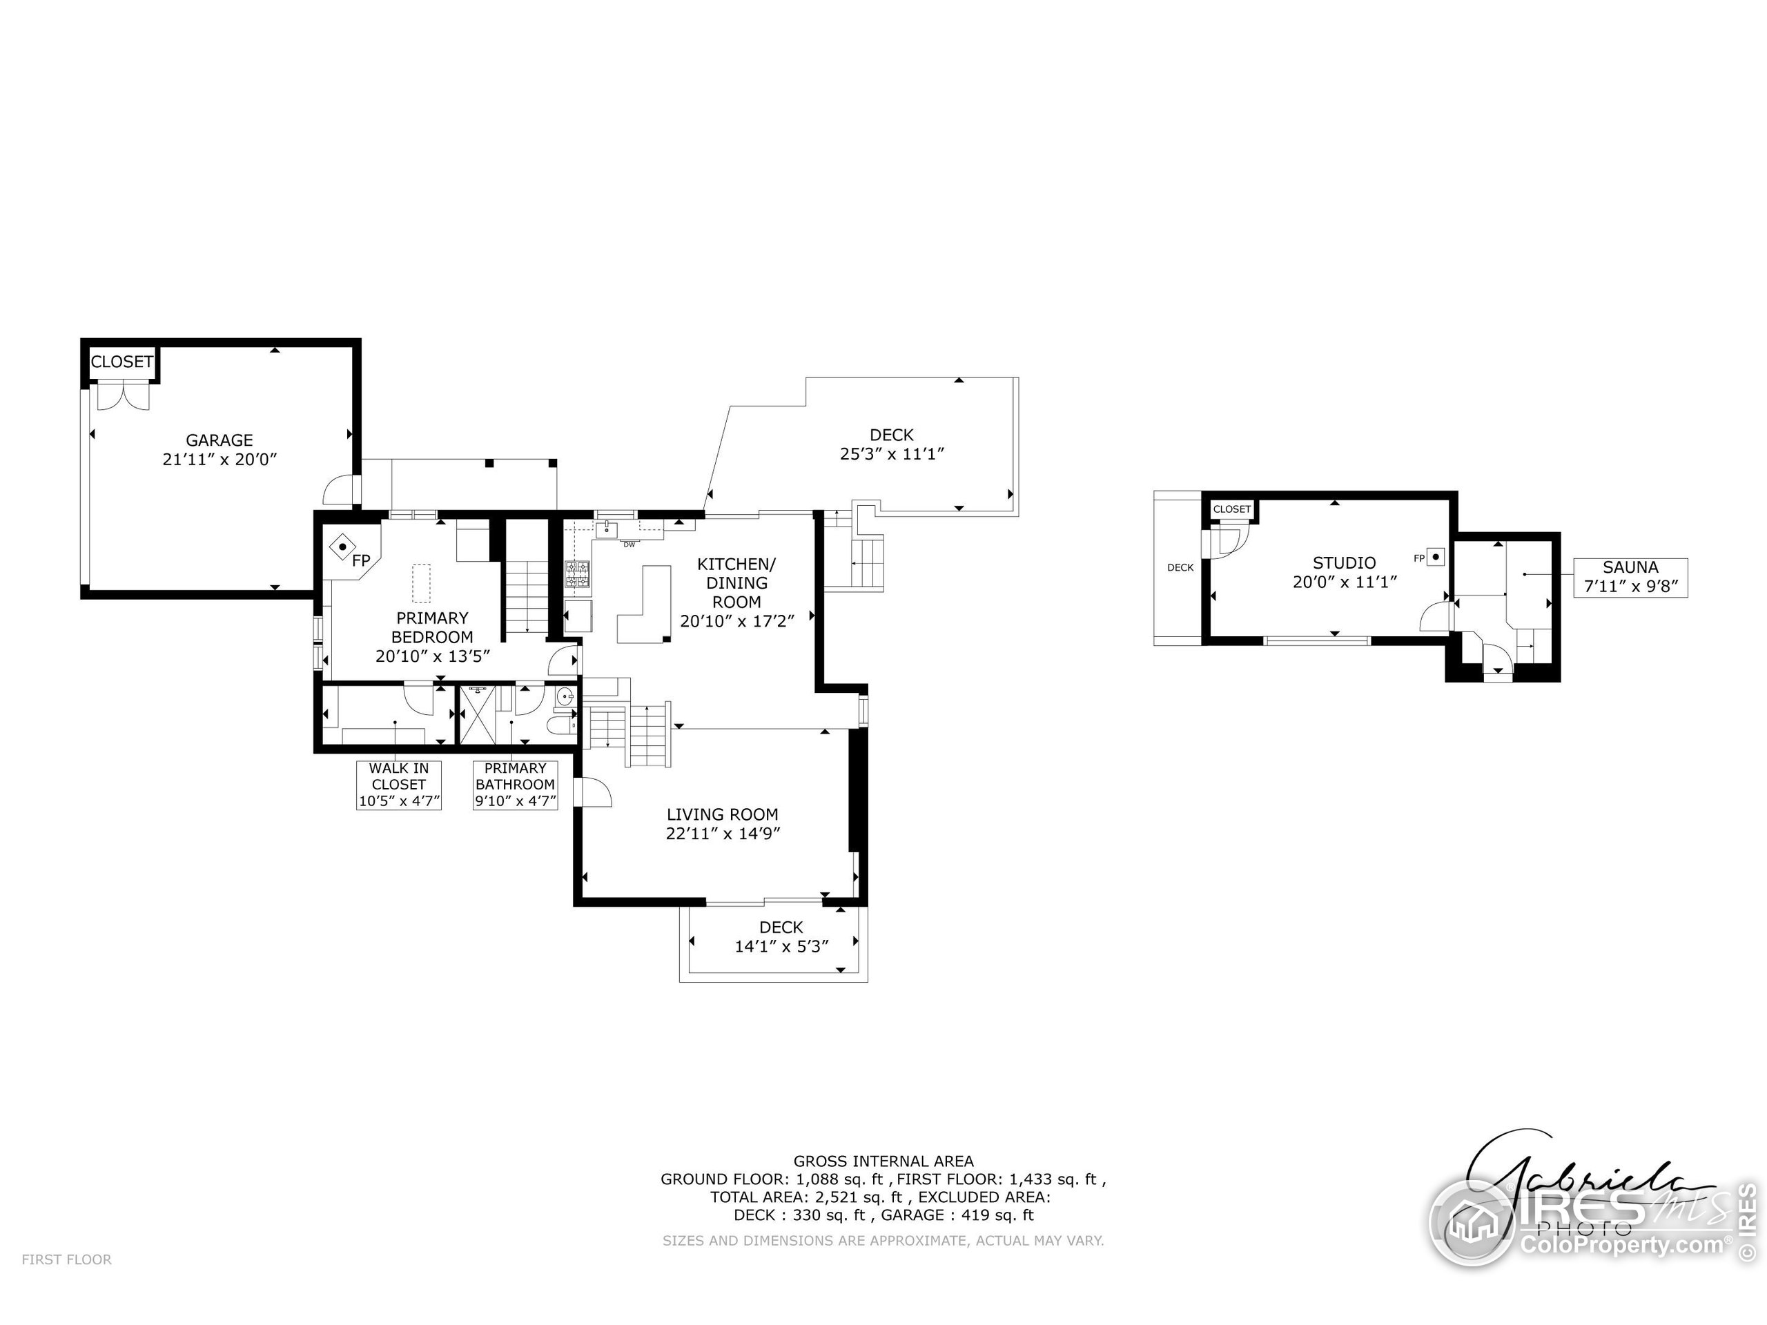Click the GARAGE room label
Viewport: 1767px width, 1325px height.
coord(219,440)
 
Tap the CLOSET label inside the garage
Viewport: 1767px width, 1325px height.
coord(121,362)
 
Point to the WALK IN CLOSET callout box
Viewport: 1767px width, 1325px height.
coord(399,784)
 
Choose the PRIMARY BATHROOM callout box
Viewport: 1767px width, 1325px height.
coord(515,784)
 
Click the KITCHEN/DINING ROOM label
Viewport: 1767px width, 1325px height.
coord(736,583)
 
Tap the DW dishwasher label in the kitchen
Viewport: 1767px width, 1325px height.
coord(629,544)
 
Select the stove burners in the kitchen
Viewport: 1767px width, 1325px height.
coord(578,575)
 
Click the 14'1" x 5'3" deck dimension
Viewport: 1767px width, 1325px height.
coord(781,946)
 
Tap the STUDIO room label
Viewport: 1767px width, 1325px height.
coord(1345,563)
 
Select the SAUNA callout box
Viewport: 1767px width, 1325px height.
coord(1630,577)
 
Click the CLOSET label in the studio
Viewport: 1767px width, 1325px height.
coord(1232,509)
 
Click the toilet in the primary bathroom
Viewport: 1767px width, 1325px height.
coord(562,725)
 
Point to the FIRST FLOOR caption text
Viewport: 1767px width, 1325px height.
coord(66,1259)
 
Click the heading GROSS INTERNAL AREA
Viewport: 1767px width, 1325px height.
coord(883,1161)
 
